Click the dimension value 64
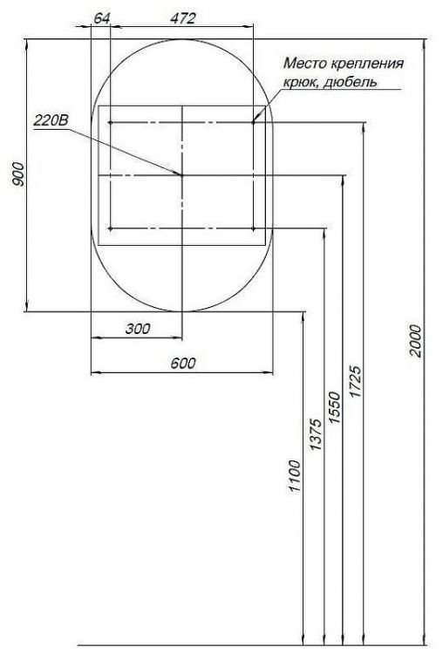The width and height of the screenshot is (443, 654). [101, 18]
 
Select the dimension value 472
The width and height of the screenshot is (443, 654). [181, 18]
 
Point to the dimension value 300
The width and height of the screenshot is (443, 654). [137, 329]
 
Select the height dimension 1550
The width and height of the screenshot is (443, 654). [335, 406]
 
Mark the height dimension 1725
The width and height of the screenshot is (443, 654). [355, 380]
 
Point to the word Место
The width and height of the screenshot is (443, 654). [304, 65]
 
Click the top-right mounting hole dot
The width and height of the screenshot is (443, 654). [253, 123]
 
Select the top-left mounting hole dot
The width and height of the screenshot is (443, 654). [110, 123]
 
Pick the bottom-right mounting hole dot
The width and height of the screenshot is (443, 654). [253, 229]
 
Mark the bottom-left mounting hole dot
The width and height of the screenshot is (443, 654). [110, 229]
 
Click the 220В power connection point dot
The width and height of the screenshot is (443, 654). [181, 175]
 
